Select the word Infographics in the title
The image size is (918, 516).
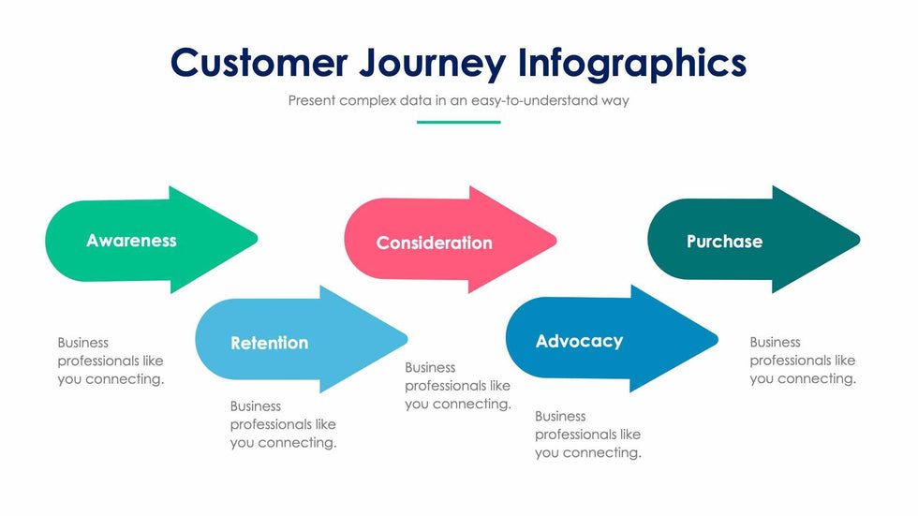(632, 63)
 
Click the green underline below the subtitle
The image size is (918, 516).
(458, 122)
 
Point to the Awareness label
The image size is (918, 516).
(131, 241)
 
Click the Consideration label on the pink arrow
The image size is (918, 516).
(434, 243)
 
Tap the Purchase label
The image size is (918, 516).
(724, 242)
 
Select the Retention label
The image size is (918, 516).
(269, 343)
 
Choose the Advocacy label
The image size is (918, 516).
(579, 341)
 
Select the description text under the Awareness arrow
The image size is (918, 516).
(111, 361)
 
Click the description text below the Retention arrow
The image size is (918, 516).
(283, 424)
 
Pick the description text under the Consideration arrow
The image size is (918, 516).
(457, 386)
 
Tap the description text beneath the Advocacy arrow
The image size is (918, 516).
(587, 435)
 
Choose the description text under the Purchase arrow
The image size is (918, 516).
(802, 361)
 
